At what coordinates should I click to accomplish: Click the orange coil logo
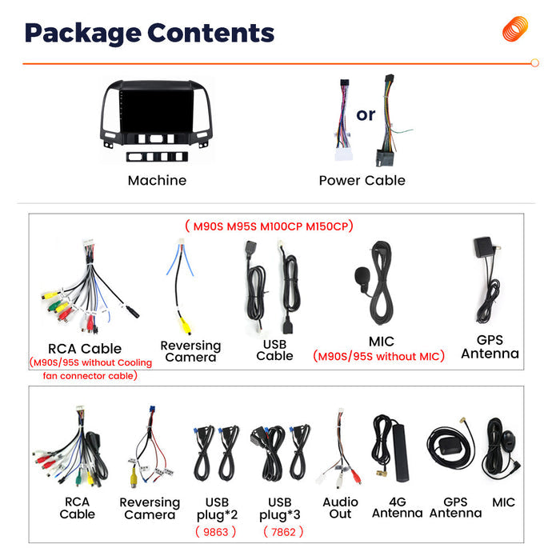(514, 29)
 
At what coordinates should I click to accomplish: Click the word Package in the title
(83, 34)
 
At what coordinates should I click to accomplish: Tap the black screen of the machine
(157, 110)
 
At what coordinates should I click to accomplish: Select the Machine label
(157, 180)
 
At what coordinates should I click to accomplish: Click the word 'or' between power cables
(366, 115)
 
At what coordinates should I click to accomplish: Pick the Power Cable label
(362, 180)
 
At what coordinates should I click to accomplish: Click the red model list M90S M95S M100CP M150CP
(270, 226)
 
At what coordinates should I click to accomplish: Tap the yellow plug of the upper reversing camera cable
(185, 325)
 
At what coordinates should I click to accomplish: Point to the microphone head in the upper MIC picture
(362, 276)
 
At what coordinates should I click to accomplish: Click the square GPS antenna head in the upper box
(483, 246)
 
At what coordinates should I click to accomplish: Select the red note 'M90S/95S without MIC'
(378, 356)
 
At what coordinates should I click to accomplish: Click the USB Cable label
(274, 350)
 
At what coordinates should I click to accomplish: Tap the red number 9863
(216, 532)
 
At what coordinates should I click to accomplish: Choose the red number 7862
(283, 532)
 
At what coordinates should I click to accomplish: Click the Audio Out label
(340, 508)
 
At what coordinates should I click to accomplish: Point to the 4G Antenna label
(398, 507)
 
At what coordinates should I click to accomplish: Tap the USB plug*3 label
(280, 509)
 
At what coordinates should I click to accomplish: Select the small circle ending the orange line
(534, 63)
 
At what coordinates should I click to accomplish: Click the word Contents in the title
(210, 34)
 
